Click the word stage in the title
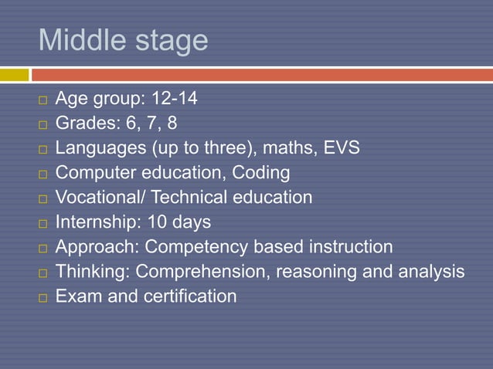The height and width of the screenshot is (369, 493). tap(171, 42)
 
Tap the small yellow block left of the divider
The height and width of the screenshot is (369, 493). tap(14, 75)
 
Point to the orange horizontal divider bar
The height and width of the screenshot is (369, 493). tap(263, 75)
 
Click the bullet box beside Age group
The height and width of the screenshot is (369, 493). tap(42, 100)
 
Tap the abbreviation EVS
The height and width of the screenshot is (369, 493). tap(341, 148)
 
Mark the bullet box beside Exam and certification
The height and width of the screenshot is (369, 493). tap(42, 297)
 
